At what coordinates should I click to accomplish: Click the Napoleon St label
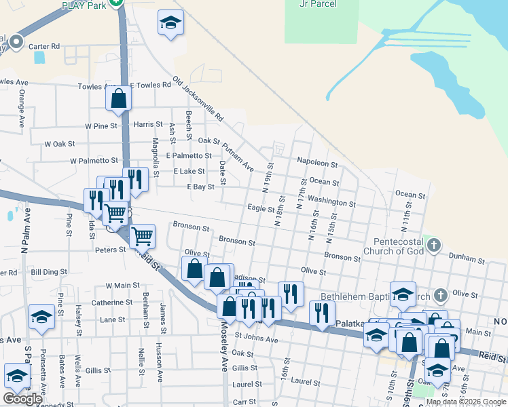[317, 163]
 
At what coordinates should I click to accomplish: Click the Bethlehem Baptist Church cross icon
[440, 295]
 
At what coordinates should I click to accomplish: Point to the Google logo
[22, 399]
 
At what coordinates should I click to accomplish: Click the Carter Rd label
[44, 46]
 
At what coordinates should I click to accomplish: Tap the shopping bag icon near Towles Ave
[118, 98]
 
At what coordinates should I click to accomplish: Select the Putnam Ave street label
[238, 157]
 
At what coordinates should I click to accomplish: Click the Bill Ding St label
[46, 271]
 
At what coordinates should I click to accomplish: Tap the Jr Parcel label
[318, 3]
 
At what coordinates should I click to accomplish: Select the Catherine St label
[112, 303]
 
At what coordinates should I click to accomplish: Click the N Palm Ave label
[28, 231]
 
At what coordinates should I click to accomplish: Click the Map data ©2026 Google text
[467, 402]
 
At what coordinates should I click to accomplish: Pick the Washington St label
[331, 203]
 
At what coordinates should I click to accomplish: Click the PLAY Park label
[84, 5]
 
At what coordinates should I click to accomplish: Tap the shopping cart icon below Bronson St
[143, 237]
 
